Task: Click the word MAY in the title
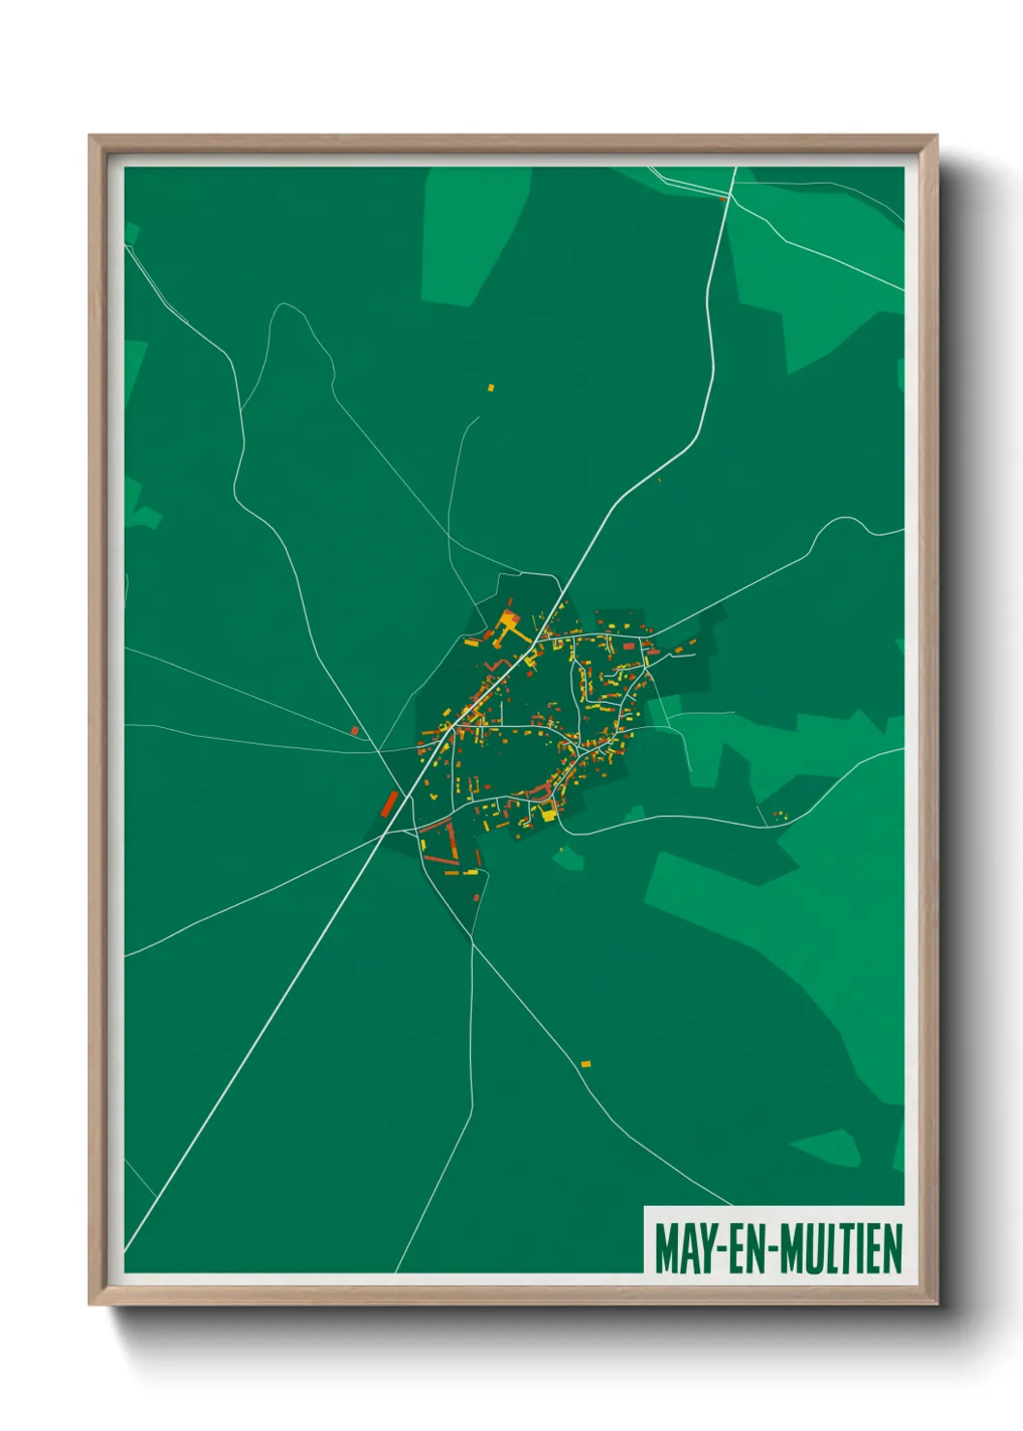pos(685,1249)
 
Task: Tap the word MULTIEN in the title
pos(840,1249)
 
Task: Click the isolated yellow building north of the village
pos(490,388)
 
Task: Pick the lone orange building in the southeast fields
pos(585,1064)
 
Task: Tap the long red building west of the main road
pos(391,802)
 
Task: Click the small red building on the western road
pos(355,730)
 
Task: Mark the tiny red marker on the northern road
pos(722,198)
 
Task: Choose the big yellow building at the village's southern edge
pos(548,814)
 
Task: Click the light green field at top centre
pos(474,232)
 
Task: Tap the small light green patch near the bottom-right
pos(827,1148)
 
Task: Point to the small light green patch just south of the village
pos(570,857)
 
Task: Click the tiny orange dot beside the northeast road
pos(659,480)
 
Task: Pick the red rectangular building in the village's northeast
pos(628,645)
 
